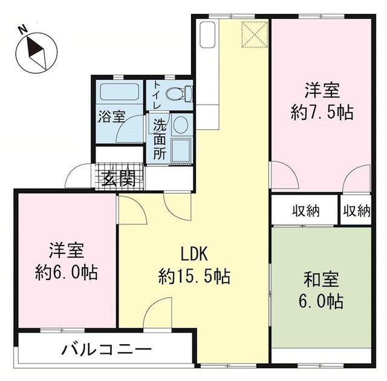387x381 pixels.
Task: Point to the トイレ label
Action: pos(157,94)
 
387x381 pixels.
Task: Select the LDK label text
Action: pos(193,253)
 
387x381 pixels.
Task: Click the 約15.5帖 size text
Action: pos(193,277)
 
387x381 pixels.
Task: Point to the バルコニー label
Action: pos(106,350)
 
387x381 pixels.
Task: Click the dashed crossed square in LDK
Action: pos(253,34)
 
